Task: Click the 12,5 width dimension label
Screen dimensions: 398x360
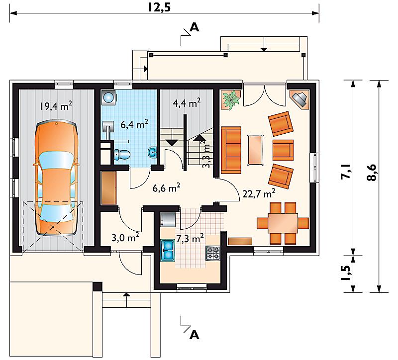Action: coord(159,7)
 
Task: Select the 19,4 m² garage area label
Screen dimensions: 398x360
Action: coord(56,105)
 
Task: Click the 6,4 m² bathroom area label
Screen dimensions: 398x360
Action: coord(134,124)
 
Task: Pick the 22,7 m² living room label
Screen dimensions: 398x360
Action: coord(259,193)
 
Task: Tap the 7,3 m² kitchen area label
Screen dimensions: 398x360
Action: coord(190,239)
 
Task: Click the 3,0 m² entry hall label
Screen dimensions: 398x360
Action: coord(125,237)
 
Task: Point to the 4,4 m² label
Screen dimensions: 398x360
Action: coord(187,103)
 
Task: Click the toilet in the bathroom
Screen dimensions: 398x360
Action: coord(122,155)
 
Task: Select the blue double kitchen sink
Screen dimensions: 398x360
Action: coord(168,251)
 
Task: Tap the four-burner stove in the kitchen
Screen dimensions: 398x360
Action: coord(213,253)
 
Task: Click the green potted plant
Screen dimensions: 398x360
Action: coord(230,100)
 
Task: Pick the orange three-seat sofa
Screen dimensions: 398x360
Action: coord(231,150)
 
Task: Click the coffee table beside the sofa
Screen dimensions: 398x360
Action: coord(255,150)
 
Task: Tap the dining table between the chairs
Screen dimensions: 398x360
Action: coord(283,223)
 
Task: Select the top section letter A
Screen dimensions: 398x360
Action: coord(195,27)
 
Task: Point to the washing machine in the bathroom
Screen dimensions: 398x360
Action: coord(108,97)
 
